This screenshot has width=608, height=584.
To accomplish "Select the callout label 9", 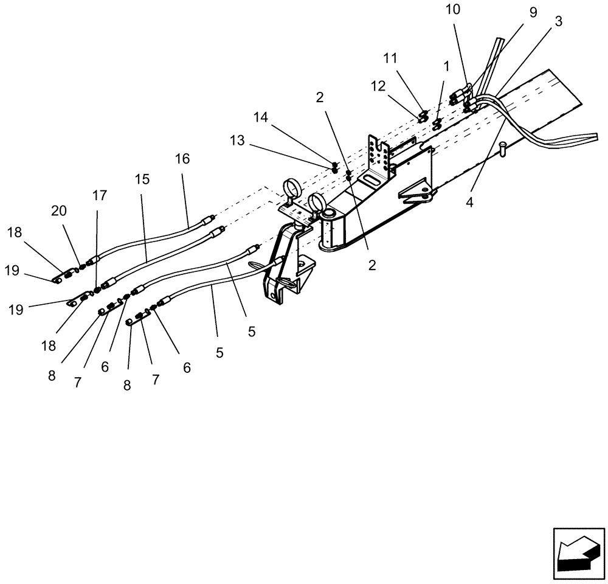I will pyautogui.click(x=533, y=13).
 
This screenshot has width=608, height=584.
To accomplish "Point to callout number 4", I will pyautogui.click(x=469, y=201).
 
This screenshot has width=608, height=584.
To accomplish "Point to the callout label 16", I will pyautogui.click(x=182, y=159).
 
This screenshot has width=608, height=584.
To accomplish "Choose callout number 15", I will pyautogui.click(x=142, y=180).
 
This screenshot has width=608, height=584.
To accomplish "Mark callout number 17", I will pyautogui.click(x=100, y=195).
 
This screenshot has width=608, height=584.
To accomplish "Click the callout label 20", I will pyautogui.click(x=59, y=210).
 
